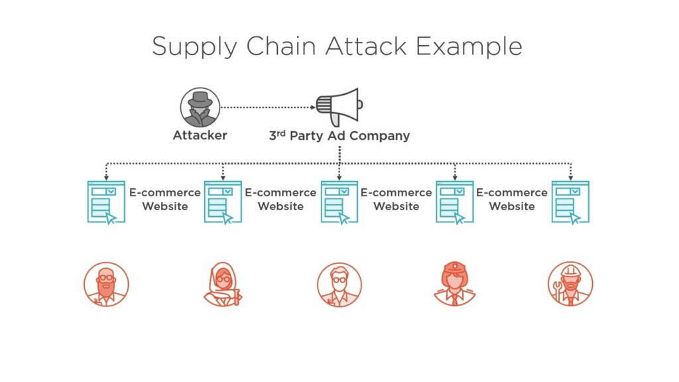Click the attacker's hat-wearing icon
(200, 107)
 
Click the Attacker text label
(200, 135)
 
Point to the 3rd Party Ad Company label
(339, 136)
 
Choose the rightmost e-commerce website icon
(570, 202)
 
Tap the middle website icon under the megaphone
(339, 202)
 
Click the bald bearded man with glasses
(107, 284)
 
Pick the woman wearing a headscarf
(223, 284)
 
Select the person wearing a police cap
(455, 284)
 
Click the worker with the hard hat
(571, 284)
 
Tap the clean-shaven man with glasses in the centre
(339, 284)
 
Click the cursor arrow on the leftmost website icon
(111, 218)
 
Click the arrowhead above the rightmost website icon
(570, 178)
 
